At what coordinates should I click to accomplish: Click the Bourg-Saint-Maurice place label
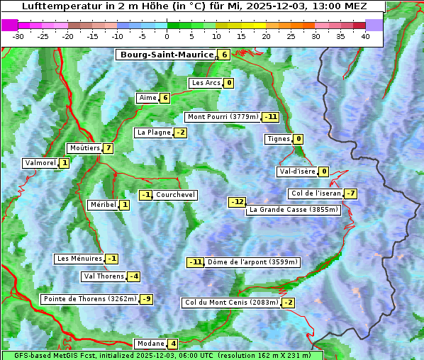click(167, 55)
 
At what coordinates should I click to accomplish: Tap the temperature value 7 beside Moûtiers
click(108, 148)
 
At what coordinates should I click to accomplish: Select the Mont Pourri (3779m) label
click(223, 117)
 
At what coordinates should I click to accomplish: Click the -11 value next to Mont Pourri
click(270, 117)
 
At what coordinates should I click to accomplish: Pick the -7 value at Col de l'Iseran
click(350, 193)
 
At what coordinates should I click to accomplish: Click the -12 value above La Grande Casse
click(237, 202)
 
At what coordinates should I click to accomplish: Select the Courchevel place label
click(176, 195)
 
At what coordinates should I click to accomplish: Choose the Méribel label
click(103, 205)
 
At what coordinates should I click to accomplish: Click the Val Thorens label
click(104, 276)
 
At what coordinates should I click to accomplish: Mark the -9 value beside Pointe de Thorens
click(146, 299)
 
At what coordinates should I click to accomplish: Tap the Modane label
click(150, 344)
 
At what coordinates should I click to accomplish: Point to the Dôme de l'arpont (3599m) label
click(253, 262)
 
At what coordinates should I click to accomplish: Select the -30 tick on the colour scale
click(18, 35)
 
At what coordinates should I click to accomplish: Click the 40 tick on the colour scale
click(365, 35)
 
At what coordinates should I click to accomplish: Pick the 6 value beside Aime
click(165, 98)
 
